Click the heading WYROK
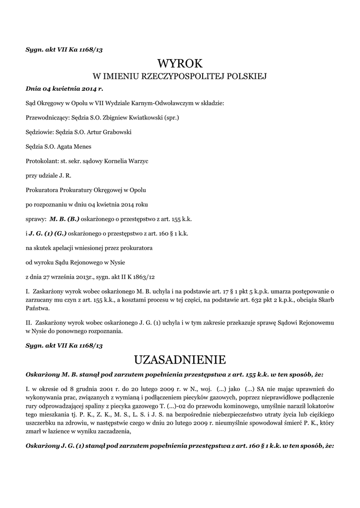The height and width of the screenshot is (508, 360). pos(180,63)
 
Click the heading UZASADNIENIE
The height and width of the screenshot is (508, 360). pos(180,359)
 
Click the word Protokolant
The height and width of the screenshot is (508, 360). pos(41,161)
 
